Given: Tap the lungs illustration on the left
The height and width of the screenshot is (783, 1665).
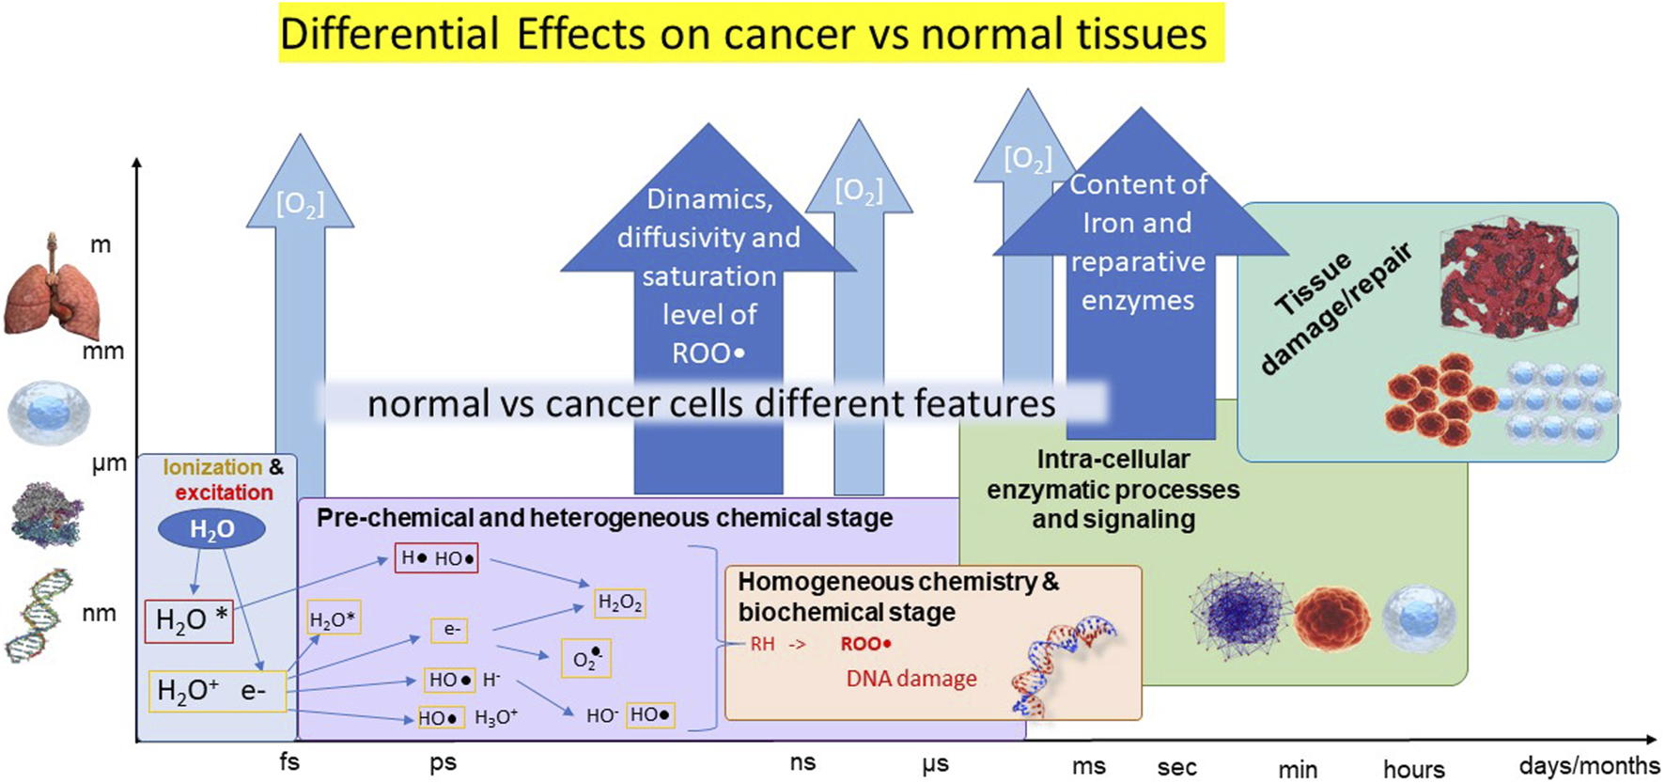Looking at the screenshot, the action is (51, 287).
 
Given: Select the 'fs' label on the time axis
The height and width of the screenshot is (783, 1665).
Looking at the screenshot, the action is (289, 760).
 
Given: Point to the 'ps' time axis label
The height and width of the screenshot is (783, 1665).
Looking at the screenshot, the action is (443, 762).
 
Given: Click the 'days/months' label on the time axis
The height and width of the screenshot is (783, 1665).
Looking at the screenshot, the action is (1589, 765).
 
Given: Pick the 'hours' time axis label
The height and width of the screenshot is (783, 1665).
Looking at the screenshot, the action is (1414, 769).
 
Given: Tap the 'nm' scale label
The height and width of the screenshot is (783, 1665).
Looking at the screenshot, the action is (99, 613).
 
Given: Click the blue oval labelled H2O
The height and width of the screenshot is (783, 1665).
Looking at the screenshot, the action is (211, 530).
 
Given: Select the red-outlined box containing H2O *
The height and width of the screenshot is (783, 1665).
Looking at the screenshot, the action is (189, 621).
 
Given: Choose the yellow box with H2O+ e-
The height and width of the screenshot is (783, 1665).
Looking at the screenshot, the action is (217, 691).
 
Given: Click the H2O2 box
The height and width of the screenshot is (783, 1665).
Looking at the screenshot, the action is (620, 603).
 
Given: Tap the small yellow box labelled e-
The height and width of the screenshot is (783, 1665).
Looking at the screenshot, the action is (451, 630).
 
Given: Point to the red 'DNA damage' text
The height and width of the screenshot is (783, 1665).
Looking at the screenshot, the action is (911, 679).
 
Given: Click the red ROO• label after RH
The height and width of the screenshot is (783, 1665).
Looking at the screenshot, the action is (865, 644).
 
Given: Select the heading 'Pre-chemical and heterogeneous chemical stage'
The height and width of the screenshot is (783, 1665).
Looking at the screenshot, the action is (604, 518).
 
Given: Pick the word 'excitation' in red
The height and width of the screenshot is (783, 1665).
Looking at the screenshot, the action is (224, 493).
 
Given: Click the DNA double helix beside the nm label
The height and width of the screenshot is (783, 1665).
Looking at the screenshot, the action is (38, 616).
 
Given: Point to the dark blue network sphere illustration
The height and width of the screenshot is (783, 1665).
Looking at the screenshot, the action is (1239, 615).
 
